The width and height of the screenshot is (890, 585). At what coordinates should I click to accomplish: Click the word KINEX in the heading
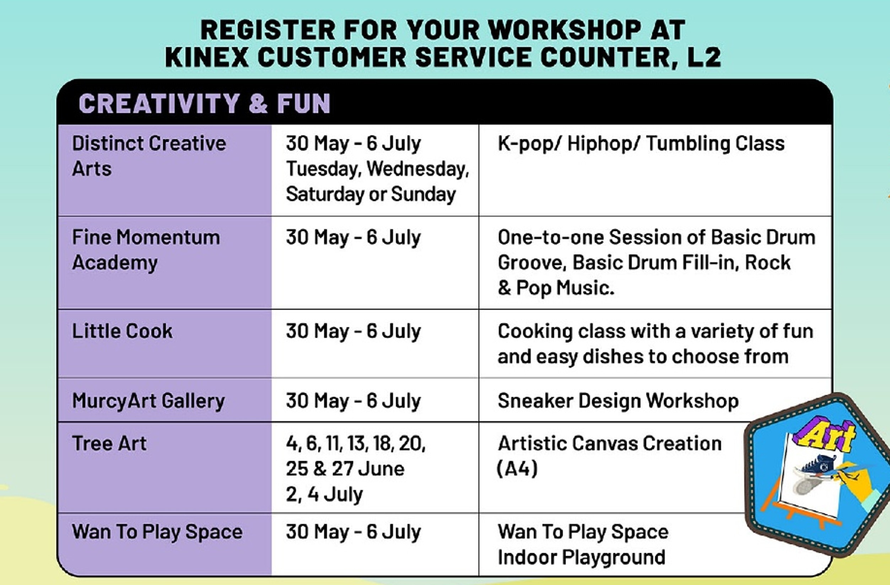coord(207,57)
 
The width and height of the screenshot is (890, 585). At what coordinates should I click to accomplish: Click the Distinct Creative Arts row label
coord(149,156)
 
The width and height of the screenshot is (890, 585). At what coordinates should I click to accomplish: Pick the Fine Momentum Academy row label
coord(146,250)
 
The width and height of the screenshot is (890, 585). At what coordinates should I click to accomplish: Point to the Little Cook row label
coord(122,331)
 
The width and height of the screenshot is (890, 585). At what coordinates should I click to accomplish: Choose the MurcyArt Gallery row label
coord(149,401)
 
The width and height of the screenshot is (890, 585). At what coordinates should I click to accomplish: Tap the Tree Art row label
coord(109,443)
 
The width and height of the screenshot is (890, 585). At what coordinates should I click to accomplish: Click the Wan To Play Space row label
coord(157,532)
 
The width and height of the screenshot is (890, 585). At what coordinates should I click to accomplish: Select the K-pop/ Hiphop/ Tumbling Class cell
coord(641,144)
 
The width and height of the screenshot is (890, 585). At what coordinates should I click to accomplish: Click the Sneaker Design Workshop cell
coord(618,401)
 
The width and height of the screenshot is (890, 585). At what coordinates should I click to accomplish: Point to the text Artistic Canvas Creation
coord(610,443)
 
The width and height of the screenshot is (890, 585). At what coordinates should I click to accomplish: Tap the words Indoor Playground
coord(582,557)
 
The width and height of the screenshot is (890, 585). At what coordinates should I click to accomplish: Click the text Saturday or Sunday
coord(371,195)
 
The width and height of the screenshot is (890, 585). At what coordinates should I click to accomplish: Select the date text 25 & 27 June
coord(345,469)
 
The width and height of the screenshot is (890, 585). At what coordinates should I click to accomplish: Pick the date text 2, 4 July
coord(325,494)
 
